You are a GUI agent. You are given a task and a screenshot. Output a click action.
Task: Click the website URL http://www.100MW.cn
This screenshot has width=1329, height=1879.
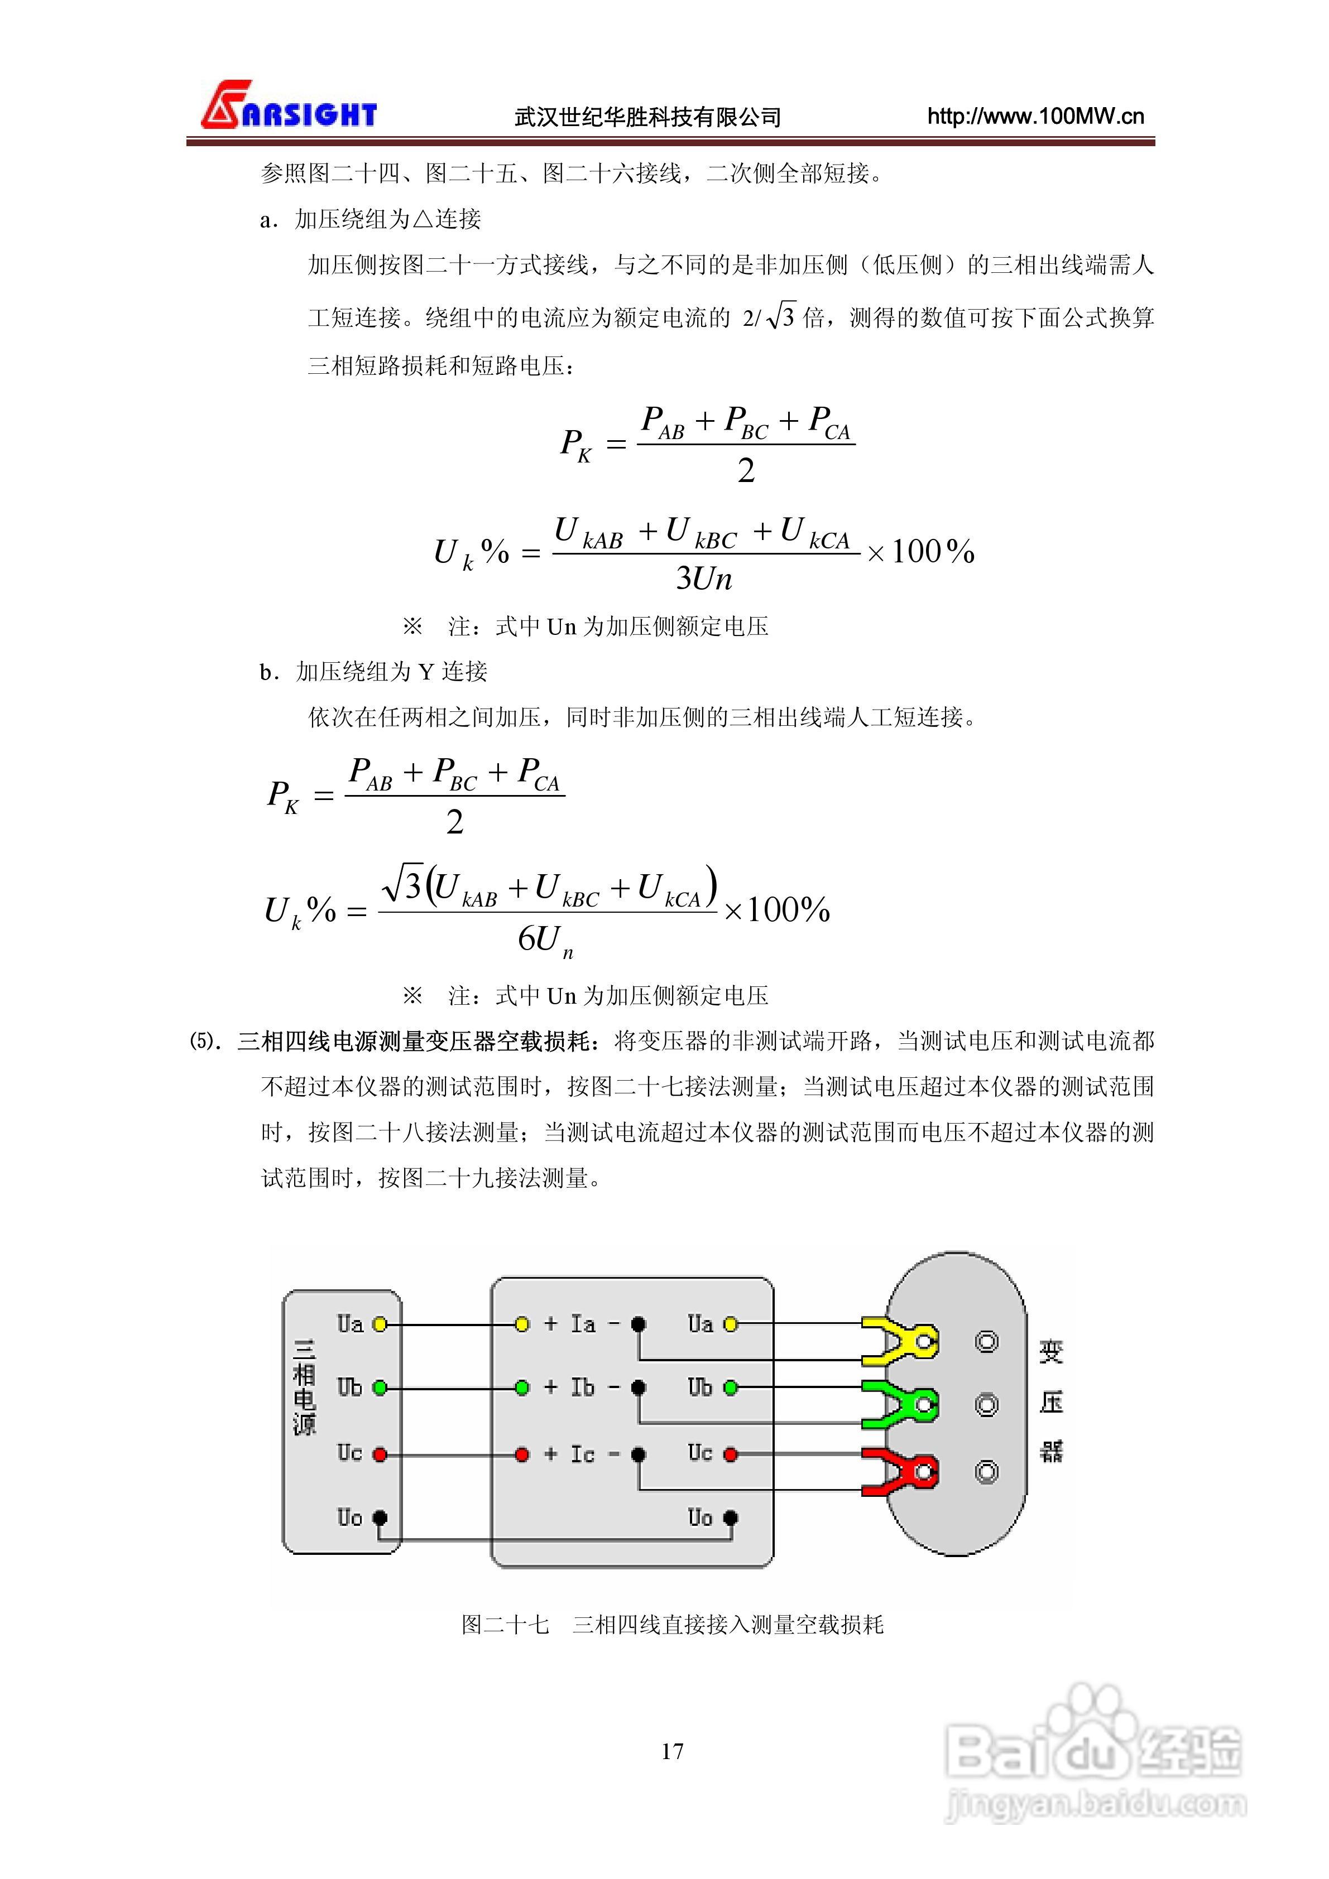tap(1035, 116)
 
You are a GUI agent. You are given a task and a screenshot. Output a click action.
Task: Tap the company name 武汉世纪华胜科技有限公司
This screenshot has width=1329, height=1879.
tap(647, 117)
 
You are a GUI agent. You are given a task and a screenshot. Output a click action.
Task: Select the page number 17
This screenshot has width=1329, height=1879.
tap(672, 1751)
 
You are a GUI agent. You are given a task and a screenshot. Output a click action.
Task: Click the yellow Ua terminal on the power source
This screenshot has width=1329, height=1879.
tap(379, 1324)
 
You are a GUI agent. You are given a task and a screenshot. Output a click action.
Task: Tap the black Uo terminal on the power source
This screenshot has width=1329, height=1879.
tap(379, 1518)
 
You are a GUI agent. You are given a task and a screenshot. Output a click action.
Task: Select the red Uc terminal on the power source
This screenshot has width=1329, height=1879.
tap(379, 1454)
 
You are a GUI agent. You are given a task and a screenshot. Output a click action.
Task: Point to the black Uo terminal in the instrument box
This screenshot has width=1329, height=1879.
tap(731, 1518)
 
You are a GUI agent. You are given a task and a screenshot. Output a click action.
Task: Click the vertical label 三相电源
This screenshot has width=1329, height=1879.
tap(305, 1387)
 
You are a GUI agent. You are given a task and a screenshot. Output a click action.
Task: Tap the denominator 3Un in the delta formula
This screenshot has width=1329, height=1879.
tap(703, 579)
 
